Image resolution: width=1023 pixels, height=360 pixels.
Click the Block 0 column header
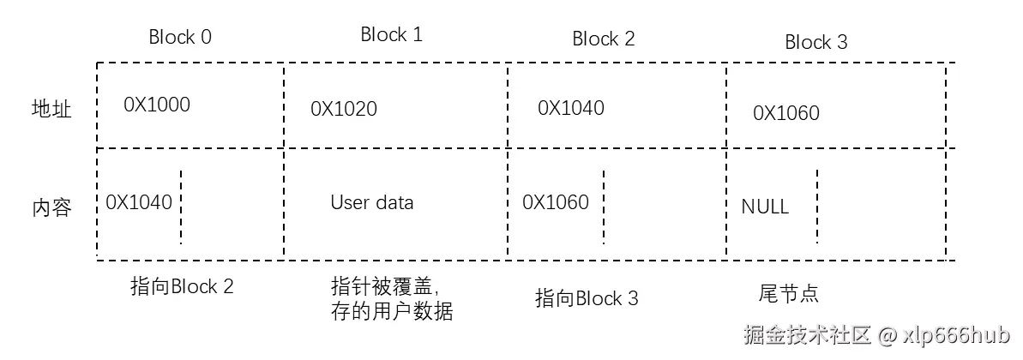tap(180, 37)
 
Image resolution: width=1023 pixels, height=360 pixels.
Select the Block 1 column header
tap(391, 35)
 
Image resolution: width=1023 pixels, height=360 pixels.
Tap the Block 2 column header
tap(604, 39)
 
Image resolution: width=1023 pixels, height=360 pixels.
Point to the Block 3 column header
tap(815, 43)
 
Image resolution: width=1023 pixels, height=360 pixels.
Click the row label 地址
tap(51, 110)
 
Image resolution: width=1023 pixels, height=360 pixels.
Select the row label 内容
tap(51, 208)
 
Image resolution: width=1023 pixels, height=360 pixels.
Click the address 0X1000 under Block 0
tap(157, 105)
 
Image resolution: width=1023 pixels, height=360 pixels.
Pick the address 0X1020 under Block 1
tap(343, 109)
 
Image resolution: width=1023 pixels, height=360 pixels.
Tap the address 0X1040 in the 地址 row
tap(571, 108)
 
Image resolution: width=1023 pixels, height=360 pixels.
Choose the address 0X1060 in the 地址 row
tap(786, 113)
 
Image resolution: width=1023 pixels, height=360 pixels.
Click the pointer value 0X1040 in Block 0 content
tap(139, 202)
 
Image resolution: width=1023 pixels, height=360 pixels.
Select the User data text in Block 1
tap(371, 203)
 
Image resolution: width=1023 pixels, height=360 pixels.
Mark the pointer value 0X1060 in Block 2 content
tap(556, 202)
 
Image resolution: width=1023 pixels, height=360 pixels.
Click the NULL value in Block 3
tap(765, 207)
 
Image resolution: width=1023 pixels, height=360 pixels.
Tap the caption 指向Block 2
tap(181, 287)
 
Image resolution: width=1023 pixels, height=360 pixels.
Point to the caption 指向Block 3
tap(587, 299)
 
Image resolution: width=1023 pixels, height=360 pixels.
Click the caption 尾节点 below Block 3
tap(789, 294)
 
